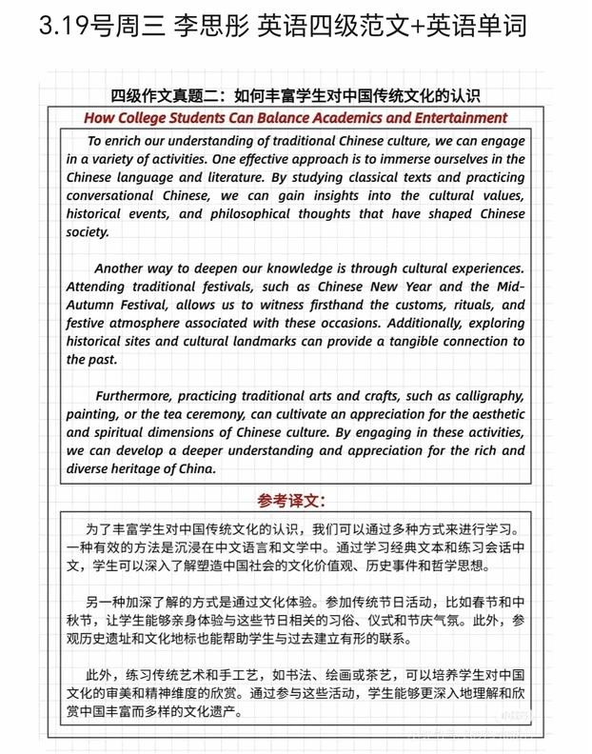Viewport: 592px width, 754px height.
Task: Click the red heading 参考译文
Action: tap(291, 500)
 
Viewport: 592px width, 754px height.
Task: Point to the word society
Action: tap(88, 231)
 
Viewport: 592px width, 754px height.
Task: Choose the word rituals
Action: tap(465, 305)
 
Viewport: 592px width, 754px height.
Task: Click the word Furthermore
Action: tap(134, 396)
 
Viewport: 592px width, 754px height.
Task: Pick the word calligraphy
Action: tap(485, 396)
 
